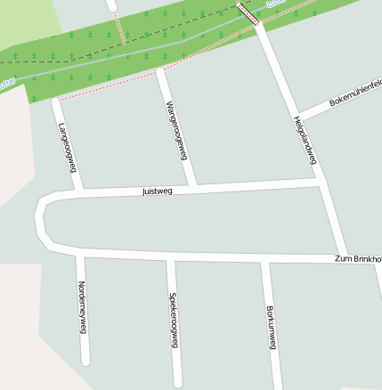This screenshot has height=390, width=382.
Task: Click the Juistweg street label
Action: pyautogui.click(x=157, y=191)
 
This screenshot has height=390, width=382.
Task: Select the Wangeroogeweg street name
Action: pyautogui.click(x=177, y=130)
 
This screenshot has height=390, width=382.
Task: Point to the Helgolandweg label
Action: pyautogui.click(x=305, y=141)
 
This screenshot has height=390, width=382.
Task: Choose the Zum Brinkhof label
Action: pyautogui.click(x=357, y=258)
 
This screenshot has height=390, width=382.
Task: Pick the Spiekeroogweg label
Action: pyautogui.click(x=173, y=319)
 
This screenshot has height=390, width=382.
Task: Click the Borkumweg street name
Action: pyautogui.click(x=272, y=327)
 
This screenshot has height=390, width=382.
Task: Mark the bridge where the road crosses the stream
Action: pyautogui.click(x=249, y=12)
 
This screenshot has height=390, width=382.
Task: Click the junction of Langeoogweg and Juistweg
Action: pyautogui.click(x=79, y=191)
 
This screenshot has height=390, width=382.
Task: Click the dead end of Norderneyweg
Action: pyautogui.click(x=85, y=361)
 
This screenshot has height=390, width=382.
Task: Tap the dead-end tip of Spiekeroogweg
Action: pyautogui.click(x=178, y=383)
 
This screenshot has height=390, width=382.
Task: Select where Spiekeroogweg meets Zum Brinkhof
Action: pyautogui.click(x=170, y=259)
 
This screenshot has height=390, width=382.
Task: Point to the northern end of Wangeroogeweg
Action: pyautogui.click(x=160, y=72)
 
